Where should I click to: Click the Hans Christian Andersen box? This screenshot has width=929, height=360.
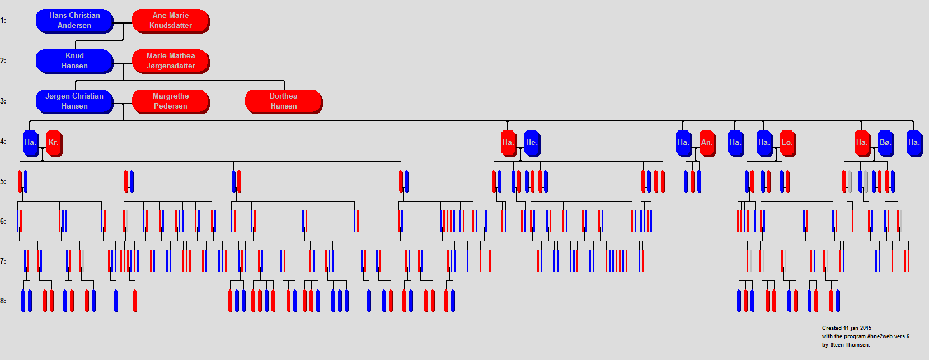[x=74, y=21]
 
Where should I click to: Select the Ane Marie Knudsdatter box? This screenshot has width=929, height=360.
[x=171, y=21]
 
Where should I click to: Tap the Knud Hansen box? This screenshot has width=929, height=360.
[x=74, y=61]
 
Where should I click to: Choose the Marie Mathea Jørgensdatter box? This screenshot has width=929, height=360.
[x=171, y=61]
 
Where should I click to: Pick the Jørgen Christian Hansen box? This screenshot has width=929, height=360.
[x=74, y=101]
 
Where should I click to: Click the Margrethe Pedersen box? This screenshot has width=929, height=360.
[x=171, y=101]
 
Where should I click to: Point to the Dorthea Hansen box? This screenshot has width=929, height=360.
[x=284, y=101]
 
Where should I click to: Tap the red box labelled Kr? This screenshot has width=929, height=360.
[x=54, y=143]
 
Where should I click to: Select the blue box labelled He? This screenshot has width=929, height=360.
[x=532, y=143]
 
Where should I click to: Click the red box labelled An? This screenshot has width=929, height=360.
[x=707, y=143]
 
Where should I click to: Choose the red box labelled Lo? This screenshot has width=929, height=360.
[x=787, y=143]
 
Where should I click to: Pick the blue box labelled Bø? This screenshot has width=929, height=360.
[x=886, y=143]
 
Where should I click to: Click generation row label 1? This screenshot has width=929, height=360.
[x=3, y=20]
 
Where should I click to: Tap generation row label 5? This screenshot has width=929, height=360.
[x=3, y=181]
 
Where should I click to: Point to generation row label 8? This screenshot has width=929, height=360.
[x=3, y=301]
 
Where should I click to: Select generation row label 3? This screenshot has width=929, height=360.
[x=3, y=101]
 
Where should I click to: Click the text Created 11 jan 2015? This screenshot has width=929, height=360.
[x=847, y=328]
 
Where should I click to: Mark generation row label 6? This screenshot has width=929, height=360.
[x=3, y=222]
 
